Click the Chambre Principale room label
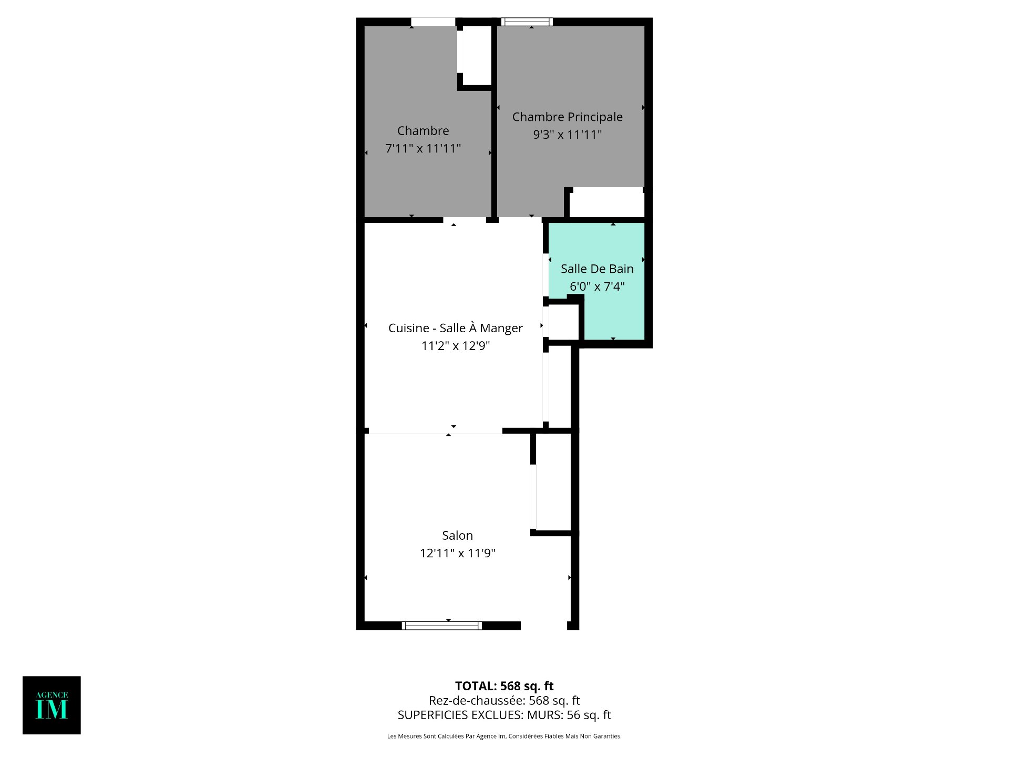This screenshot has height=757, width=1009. click(567, 117)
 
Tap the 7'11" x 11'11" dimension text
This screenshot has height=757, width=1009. click(423, 148)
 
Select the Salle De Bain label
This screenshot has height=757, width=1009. click(597, 269)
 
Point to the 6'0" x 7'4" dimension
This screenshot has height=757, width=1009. click(597, 287)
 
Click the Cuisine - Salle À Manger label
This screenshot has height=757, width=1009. click(456, 328)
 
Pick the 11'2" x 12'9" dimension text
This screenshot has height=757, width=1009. click(456, 346)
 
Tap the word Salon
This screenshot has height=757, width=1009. click(457, 535)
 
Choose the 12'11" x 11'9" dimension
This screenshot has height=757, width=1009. click(457, 553)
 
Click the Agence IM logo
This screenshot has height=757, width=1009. click(52, 705)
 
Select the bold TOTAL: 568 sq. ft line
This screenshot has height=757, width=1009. click(504, 686)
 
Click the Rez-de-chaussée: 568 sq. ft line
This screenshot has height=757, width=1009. click(504, 700)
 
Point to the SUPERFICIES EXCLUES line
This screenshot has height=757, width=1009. click(504, 715)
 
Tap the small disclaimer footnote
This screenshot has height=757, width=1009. click(504, 736)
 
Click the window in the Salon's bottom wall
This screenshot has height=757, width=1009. click(442, 626)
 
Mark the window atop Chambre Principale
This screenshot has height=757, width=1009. click(527, 22)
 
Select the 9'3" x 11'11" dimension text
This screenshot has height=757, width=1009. click(567, 135)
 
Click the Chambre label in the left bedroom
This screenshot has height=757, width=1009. click(423, 130)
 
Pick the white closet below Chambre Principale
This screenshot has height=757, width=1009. click(607, 202)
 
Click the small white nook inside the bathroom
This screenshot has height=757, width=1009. click(563, 322)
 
